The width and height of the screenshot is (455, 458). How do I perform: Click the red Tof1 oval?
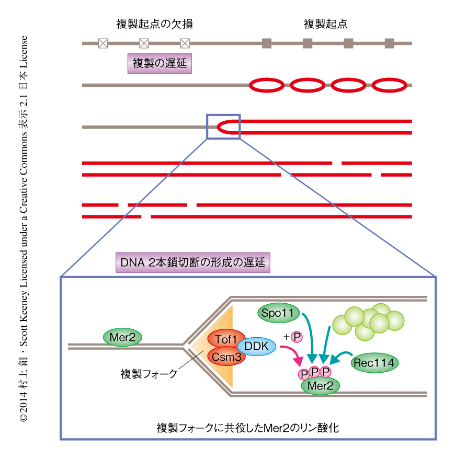[226, 339]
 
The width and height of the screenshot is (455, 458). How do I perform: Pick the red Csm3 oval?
[226, 357]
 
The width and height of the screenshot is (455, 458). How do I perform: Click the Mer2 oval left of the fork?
[123, 337]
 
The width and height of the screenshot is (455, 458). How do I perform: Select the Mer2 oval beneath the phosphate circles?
[320, 386]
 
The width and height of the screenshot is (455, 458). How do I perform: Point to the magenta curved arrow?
[293, 359]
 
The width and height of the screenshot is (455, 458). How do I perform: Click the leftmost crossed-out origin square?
[103, 43]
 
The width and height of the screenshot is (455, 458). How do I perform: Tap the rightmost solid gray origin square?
[389, 43]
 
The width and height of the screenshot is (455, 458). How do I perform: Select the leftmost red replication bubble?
[267, 85]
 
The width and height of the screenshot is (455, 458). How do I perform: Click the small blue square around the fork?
[223, 127]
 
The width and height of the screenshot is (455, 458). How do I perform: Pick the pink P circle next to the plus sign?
[297, 337]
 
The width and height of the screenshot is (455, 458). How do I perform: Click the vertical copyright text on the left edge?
[23, 229]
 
